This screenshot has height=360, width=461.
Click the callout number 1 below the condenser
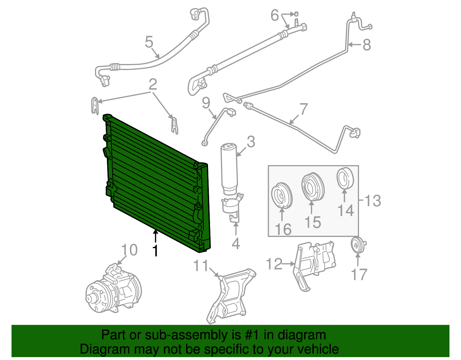point(155,250)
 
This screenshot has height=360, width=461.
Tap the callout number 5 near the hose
point(149,42)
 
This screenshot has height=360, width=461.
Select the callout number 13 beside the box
point(373,201)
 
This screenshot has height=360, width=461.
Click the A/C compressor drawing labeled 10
point(114,290)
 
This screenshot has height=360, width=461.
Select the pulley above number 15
point(313,186)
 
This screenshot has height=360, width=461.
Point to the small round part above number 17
point(358,245)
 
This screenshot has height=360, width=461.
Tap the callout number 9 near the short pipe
point(206,103)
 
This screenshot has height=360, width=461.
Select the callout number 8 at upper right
point(366,45)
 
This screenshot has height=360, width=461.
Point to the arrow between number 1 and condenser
point(155,237)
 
